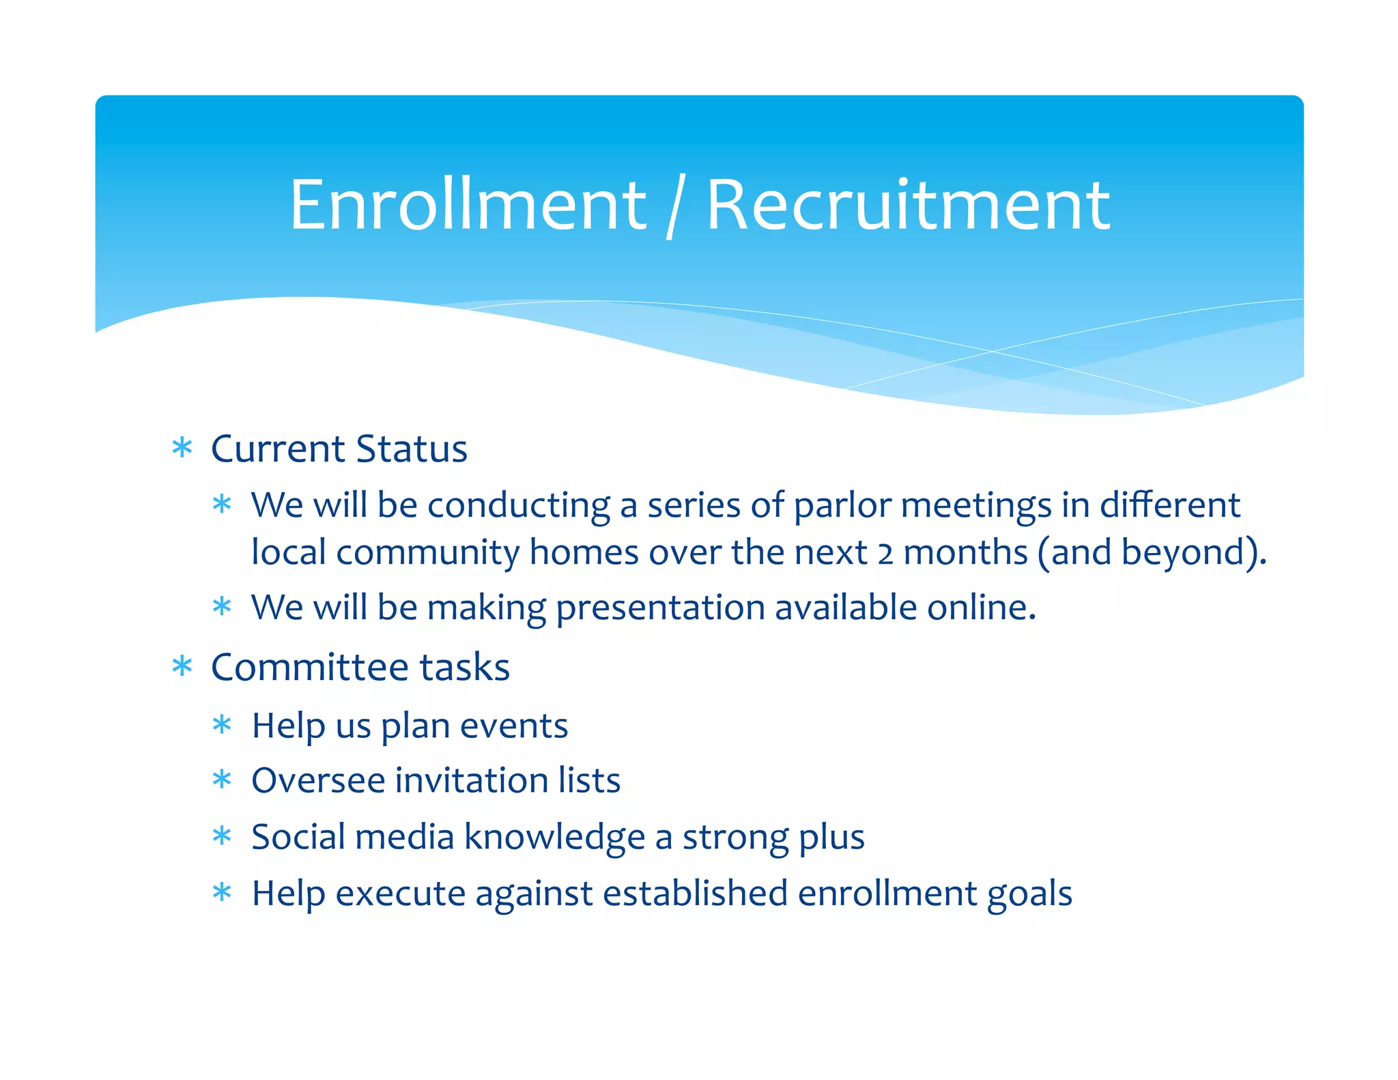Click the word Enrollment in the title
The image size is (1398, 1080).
pos(468,205)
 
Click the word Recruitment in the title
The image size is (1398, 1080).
pos(908,205)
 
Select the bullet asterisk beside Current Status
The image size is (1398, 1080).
pos(182,449)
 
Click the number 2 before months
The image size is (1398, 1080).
pos(885,554)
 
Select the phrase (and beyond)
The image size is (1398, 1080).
pos(1152,552)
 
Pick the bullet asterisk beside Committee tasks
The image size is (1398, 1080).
pos(182,666)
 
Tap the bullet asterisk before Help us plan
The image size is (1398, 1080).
pos(222,724)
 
